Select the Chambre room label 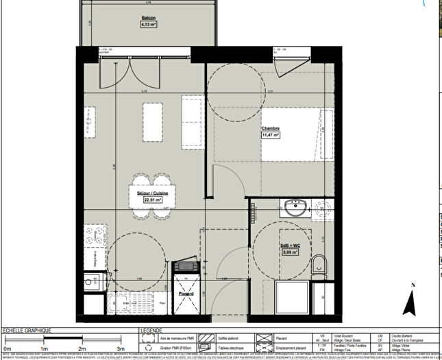point(270,128)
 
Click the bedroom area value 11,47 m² point(271,135)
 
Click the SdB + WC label point(291,245)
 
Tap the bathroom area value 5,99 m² point(291,252)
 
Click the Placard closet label point(186,293)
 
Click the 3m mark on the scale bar point(121,348)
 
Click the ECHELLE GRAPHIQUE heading point(27,330)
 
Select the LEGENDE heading point(152,330)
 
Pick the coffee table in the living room point(152,121)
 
